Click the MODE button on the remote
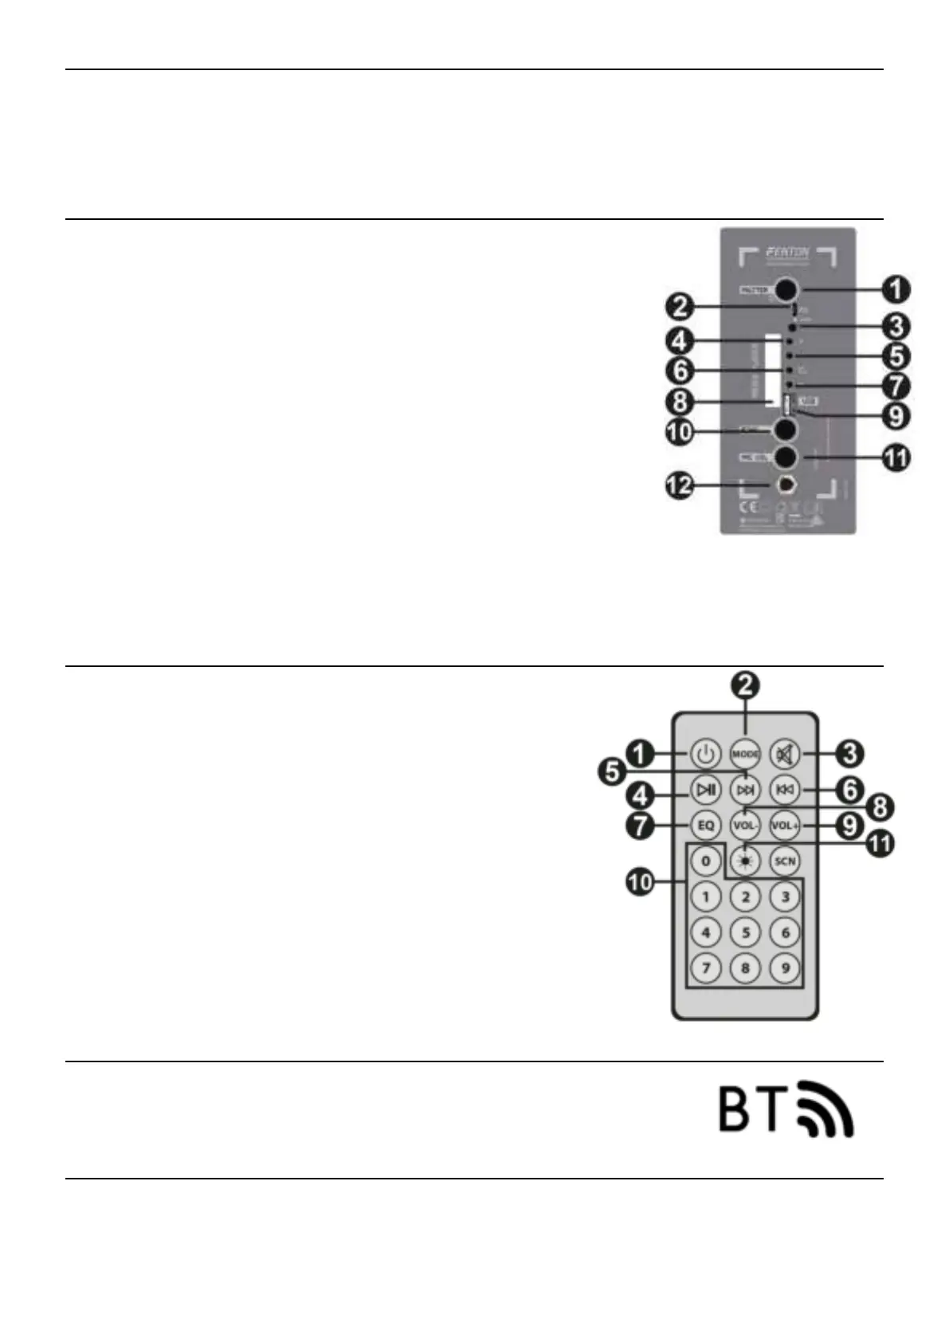(x=746, y=753)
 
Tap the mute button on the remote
(x=785, y=753)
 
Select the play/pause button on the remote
(x=706, y=790)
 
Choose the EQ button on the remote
(x=706, y=826)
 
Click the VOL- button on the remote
(x=746, y=826)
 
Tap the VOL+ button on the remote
(x=785, y=826)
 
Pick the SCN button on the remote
(x=785, y=861)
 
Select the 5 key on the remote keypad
(x=746, y=932)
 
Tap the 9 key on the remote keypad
(x=785, y=967)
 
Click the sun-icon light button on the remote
(x=746, y=861)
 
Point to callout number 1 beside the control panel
(x=897, y=289)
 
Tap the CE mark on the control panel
(x=748, y=507)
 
